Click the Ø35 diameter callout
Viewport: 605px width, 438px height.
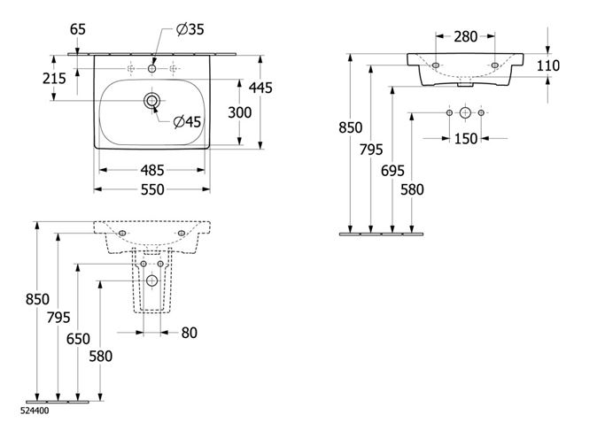pyautogui.click(x=190, y=29)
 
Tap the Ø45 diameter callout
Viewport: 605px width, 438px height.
pyautogui.click(x=188, y=122)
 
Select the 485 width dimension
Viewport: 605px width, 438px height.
pyautogui.click(x=152, y=170)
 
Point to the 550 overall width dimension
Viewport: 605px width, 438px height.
pyautogui.click(x=152, y=189)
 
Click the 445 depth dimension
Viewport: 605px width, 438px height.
pyautogui.click(x=260, y=88)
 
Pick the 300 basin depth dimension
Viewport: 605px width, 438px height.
pyautogui.click(x=239, y=112)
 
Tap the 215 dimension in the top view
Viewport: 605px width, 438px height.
pyautogui.click(x=54, y=79)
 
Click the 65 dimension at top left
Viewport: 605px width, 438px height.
pyautogui.click(x=78, y=29)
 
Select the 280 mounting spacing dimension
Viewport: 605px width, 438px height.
pyautogui.click(x=466, y=36)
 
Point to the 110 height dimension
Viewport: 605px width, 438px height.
pyautogui.click(x=548, y=65)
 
